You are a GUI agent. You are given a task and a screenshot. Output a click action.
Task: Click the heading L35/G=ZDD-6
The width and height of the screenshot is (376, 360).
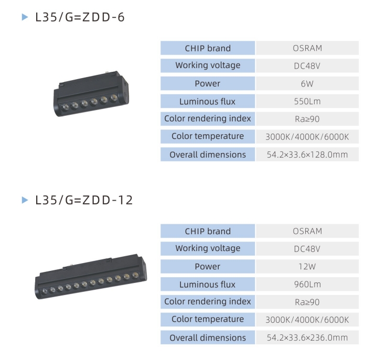(x=80, y=17)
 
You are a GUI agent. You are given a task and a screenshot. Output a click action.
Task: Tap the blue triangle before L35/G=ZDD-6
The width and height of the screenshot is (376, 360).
(x=24, y=17)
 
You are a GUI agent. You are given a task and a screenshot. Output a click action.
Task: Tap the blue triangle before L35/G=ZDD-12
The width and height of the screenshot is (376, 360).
(x=24, y=200)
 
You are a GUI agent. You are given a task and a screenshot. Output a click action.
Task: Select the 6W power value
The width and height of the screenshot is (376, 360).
(x=307, y=84)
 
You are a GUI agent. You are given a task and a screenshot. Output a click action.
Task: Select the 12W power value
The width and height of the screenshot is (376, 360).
(x=307, y=267)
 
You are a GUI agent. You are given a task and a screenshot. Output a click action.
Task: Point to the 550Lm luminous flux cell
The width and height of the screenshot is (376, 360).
(x=307, y=102)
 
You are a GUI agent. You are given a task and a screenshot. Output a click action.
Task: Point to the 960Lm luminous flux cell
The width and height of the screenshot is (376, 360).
(x=307, y=285)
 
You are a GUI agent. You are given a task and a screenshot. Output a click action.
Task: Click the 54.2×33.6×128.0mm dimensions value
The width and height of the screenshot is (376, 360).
(x=307, y=155)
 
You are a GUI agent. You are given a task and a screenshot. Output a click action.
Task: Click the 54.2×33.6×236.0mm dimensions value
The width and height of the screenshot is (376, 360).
(x=307, y=337)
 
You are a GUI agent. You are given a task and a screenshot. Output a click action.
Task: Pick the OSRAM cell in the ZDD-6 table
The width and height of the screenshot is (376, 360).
(x=307, y=48)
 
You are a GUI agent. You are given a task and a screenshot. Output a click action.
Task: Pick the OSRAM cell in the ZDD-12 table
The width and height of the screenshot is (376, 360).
(x=307, y=231)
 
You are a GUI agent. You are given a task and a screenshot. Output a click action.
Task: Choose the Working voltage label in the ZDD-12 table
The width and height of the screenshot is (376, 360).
(x=208, y=248)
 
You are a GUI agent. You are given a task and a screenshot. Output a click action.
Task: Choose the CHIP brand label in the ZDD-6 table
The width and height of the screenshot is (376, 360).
(x=208, y=48)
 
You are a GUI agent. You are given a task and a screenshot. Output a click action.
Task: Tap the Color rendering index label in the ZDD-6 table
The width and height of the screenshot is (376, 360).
(x=208, y=118)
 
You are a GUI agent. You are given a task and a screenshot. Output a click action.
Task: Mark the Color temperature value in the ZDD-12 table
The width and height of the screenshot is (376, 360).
(x=307, y=320)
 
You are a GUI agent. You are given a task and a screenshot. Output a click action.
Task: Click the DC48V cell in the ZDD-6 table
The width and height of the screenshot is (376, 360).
(x=307, y=66)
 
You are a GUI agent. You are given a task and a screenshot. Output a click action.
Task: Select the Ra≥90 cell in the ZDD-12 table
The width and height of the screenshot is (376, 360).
(x=307, y=302)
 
